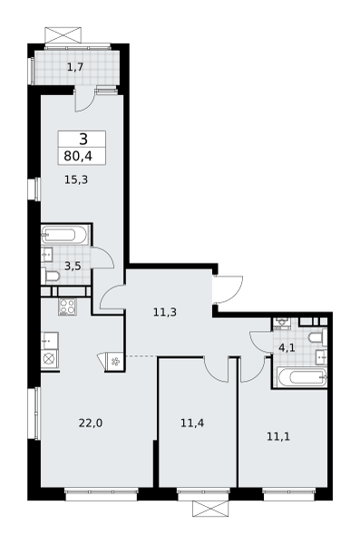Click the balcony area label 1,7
click(75, 66)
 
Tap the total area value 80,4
click(78, 156)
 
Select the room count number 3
click(83, 140)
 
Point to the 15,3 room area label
click(76, 180)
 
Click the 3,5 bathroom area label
click(73, 266)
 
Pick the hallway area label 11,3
click(165, 313)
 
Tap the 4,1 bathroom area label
click(287, 347)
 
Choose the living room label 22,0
click(91, 423)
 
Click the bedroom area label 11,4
click(192, 423)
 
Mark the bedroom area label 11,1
click(278, 437)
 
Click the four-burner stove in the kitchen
click(68, 306)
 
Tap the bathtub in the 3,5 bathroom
click(64, 235)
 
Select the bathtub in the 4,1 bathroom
click(302, 377)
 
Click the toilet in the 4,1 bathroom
click(317, 337)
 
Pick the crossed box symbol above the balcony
click(63, 35)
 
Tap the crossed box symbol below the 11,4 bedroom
click(210, 509)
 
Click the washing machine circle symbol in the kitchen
click(49, 359)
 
